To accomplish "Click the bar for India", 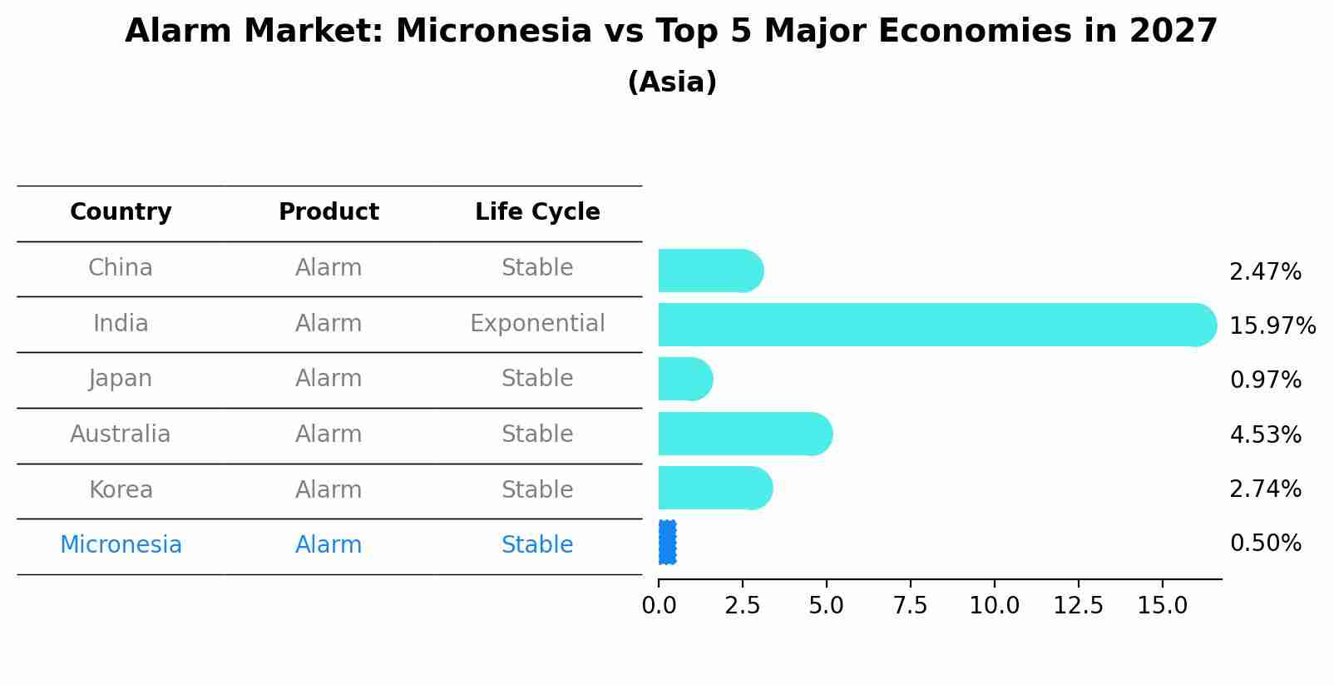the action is pos(937,325).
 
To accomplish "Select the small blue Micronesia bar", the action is pos(668,542).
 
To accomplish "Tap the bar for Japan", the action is pos(685,380).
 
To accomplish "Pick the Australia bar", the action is pos(746,434).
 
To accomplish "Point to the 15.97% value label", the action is pos(1272,325).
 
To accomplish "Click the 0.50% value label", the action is pos(1266,544).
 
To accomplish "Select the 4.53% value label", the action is pos(1266,434).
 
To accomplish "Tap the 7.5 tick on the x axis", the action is pos(910,605).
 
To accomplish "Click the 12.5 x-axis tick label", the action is pos(1078,605).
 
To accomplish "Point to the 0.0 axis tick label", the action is pos(659,605).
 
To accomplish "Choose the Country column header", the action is pos(121,211).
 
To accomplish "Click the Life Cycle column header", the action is pos(537,211).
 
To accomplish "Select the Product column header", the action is pos(329,211).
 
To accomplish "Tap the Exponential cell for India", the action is pos(537,323).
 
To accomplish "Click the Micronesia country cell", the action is pos(121,544).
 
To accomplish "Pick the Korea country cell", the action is pos(121,489).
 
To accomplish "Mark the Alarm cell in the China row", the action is pos(329,268).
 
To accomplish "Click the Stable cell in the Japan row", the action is pos(537,378).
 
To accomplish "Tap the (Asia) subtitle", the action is pos(672,82).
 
